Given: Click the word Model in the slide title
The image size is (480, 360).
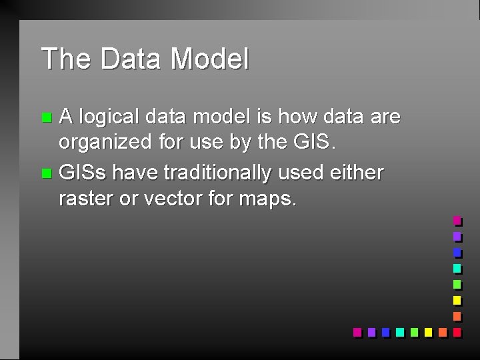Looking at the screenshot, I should click(209, 59).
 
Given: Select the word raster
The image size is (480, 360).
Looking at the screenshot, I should click(85, 199).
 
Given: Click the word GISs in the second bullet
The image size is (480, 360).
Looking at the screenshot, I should click(83, 173).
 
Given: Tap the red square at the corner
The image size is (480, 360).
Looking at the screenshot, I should click(457, 331).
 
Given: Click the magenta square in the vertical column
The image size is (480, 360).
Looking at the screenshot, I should click(457, 220).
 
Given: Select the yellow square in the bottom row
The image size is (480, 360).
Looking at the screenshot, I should click(428, 331).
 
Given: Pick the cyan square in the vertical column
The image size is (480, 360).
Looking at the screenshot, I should click(457, 268).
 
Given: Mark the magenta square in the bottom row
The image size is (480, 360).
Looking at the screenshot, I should click(357, 331).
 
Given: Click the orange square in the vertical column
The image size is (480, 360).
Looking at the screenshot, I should click(457, 316).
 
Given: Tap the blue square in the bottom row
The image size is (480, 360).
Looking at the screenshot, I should click(386, 331).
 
